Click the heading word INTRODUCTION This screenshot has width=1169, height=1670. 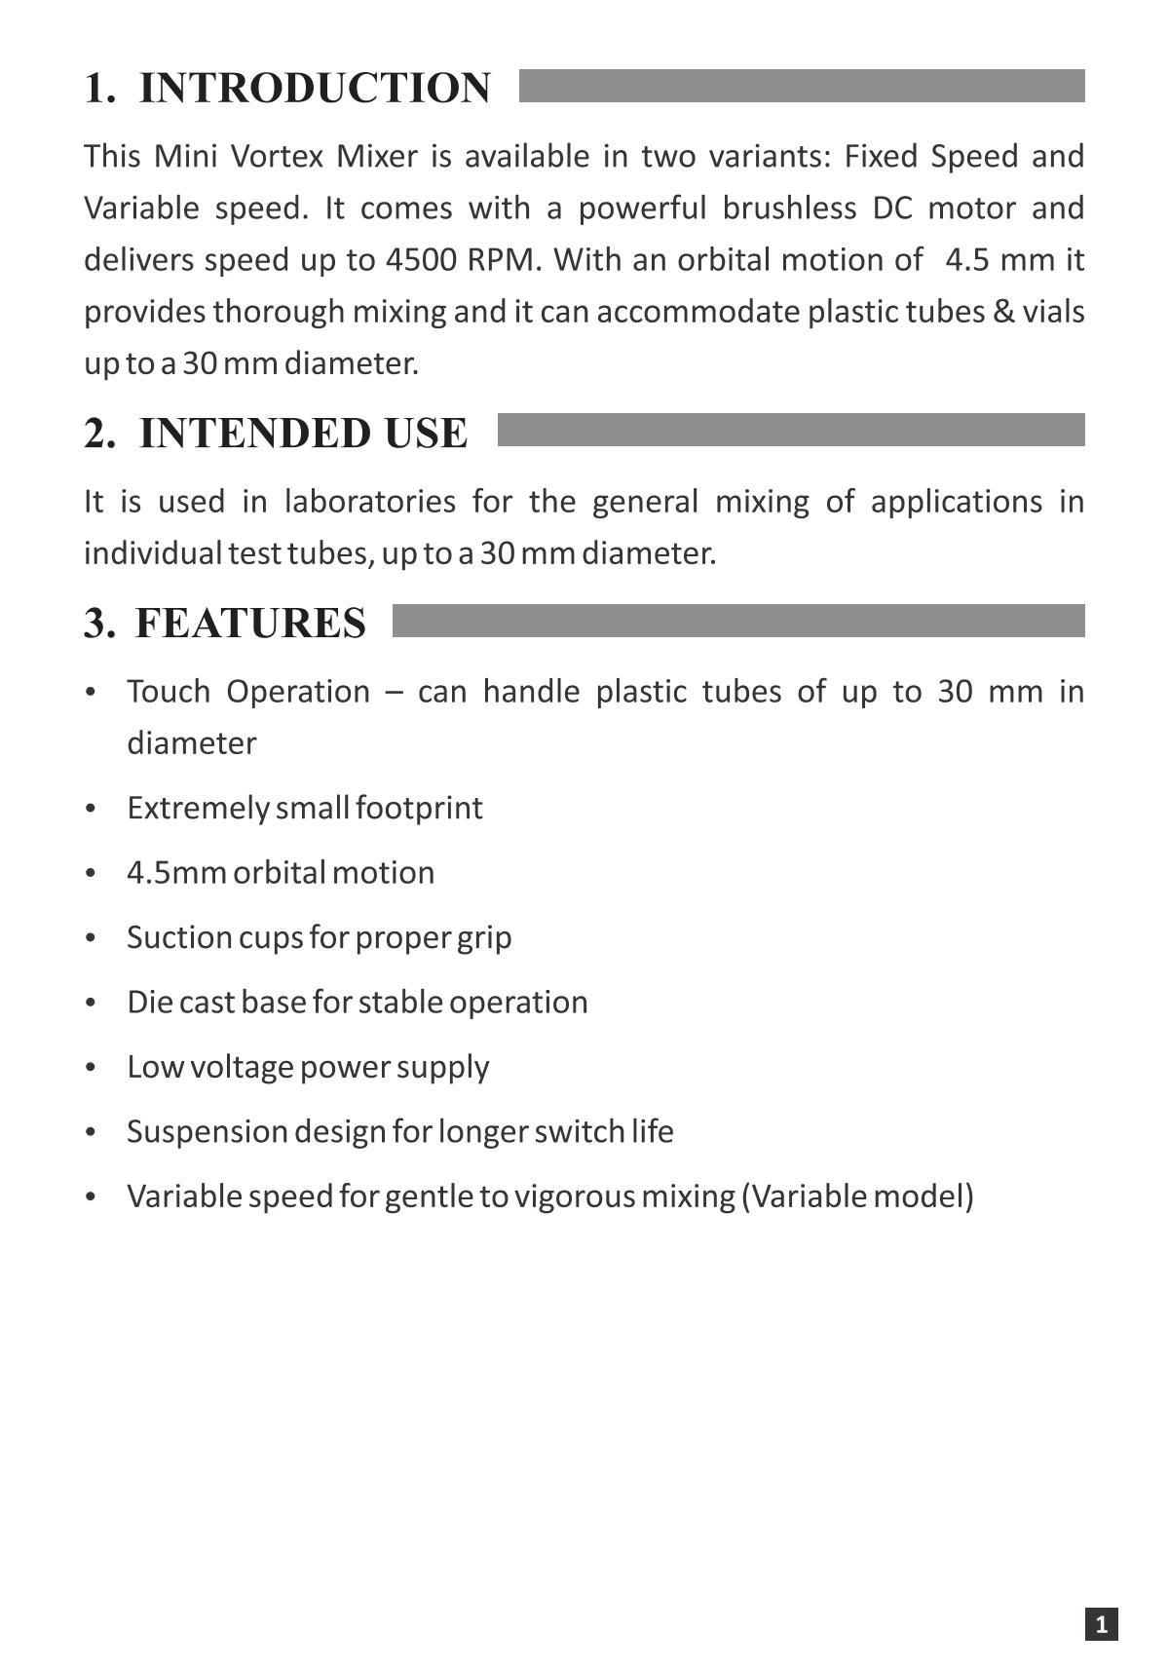point(315,88)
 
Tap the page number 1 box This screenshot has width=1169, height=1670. point(1101,1624)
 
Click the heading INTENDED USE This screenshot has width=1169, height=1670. point(303,434)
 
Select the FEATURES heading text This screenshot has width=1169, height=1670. point(249,623)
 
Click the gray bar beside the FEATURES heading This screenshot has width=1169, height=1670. point(737,621)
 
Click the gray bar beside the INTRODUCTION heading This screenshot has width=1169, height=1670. point(801,86)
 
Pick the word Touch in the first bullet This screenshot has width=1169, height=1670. point(169,692)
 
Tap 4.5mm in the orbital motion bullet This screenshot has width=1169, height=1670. point(176,872)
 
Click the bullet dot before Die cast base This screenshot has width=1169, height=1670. point(91,1003)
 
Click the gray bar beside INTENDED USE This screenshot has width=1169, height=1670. point(790,430)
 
